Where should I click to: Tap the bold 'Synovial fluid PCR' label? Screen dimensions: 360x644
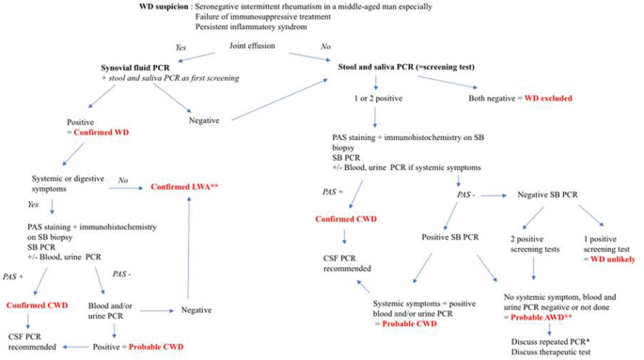[x=142, y=69]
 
